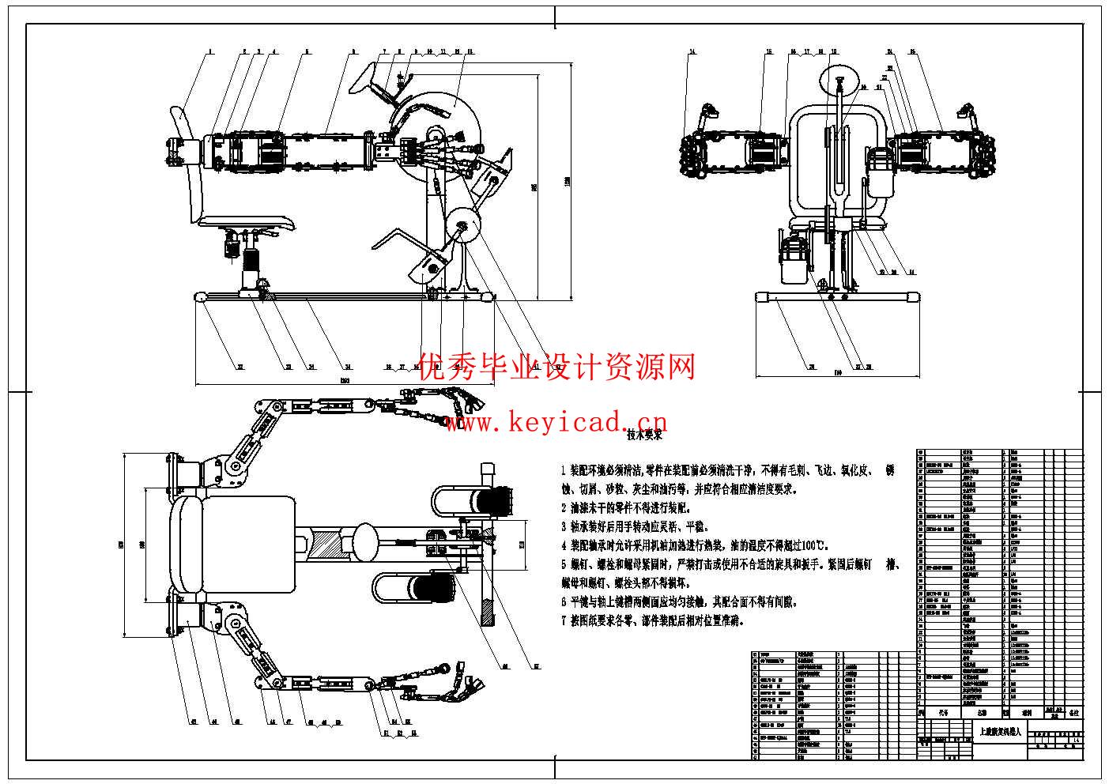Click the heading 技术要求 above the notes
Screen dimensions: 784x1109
click(x=643, y=435)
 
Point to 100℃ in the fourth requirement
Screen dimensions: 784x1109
click(x=814, y=545)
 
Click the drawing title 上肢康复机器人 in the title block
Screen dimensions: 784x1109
click(x=999, y=732)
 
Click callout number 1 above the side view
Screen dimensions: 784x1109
click(x=210, y=51)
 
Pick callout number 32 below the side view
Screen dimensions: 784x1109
click(x=240, y=367)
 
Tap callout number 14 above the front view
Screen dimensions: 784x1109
click(x=692, y=52)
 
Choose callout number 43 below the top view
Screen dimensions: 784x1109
click(x=192, y=721)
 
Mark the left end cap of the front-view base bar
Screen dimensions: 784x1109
click(x=763, y=298)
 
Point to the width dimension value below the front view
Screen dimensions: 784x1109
click(x=837, y=371)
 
